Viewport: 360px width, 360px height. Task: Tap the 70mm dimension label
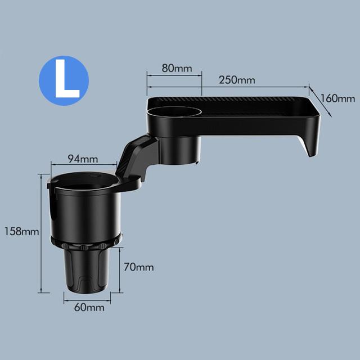tap(139, 267)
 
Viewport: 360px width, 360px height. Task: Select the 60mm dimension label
tap(86, 308)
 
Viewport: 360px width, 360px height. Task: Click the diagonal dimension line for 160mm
tap(320, 101)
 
